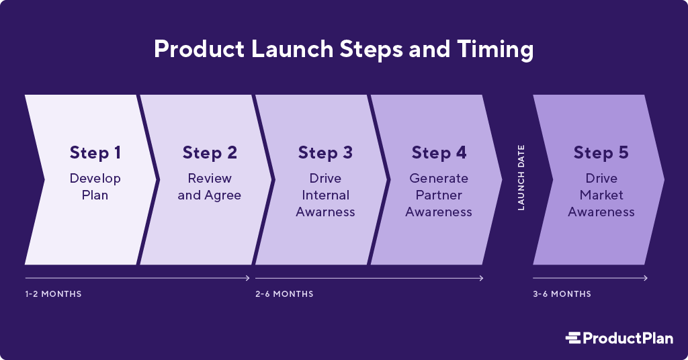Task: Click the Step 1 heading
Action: (95, 153)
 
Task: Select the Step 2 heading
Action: (210, 153)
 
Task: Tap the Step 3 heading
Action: (325, 153)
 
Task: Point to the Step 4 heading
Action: (439, 153)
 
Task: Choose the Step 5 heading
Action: (601, 153)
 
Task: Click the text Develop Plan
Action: (95, 187)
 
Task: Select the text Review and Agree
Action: (210, 187)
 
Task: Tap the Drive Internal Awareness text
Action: (325, 195)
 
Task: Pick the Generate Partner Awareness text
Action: (439, 195)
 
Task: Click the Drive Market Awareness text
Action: (601, 195)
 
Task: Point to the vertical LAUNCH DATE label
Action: (521, 178)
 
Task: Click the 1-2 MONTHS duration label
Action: (53, 294)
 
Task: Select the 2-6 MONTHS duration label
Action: (284, 294)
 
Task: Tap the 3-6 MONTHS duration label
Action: (562, 294)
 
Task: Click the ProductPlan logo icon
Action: (573, 338)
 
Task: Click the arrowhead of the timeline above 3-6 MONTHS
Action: (646, 278)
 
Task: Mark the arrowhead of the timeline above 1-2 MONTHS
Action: (248, 278)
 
